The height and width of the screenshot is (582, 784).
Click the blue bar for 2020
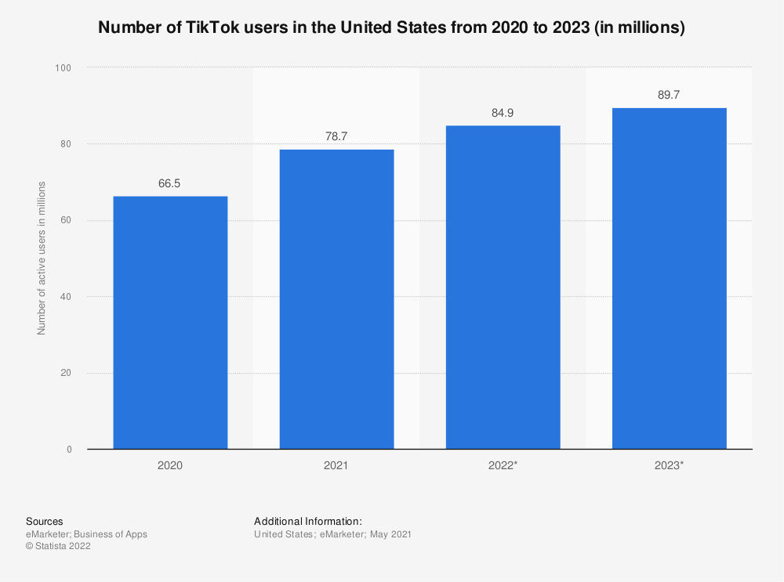(x=170, y=322)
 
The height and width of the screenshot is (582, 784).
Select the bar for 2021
(x=336, y=298)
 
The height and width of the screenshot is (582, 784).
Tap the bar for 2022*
(x=503, y=287)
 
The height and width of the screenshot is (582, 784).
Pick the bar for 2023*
(x=669, y=278)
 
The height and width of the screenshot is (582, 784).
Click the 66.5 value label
(x=170, y=184)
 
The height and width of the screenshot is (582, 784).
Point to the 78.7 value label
(x=336, y=137)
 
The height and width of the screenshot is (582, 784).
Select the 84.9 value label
(x=503, y=114)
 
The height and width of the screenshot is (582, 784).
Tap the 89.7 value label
(x=669, y=96)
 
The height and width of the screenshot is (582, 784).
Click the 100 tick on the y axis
(x=63, y=68)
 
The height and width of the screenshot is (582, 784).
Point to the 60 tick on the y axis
(x=65, y=221)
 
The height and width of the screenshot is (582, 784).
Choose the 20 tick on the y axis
(x=65, y=373)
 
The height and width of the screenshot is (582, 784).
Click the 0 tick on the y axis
(x=68, y=450)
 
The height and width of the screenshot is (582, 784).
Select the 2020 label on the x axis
(x=170, y=465)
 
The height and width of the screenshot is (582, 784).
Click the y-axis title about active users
(x=42, y=258)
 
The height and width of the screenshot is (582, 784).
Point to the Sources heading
(x=45, y=521)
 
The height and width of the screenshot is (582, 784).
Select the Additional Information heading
(x=308, y=521)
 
